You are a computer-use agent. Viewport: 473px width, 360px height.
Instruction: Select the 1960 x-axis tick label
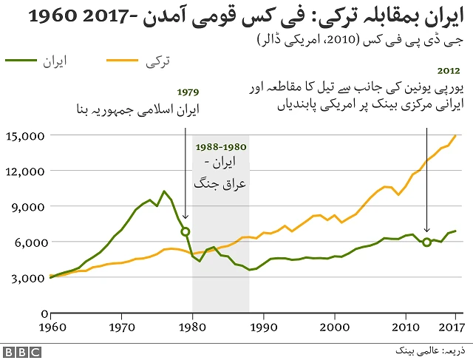coord(51,327)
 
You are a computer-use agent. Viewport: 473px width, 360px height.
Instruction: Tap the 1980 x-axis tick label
coord(193,327)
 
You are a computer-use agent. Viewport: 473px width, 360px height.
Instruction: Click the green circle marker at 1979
coord(186,231)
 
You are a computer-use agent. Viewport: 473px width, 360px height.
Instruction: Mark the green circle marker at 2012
coord(427,242)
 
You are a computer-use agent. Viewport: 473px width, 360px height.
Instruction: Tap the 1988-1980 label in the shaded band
coord(220,147)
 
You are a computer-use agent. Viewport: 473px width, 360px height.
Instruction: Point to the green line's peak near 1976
coord(164,191)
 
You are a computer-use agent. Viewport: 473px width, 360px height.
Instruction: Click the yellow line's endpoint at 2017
coord(455,135)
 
